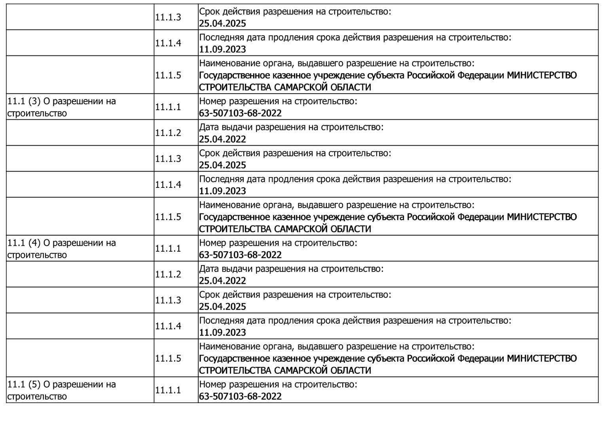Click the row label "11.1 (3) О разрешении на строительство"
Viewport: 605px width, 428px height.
tap(61, 107)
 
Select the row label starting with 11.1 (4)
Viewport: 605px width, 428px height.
tap(61, 248)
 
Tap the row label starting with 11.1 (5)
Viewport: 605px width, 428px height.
tap(61, 390)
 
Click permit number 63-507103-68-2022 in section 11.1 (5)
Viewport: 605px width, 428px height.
tap(240, 396)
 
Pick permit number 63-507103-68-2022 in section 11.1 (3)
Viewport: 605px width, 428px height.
tap(240, 113)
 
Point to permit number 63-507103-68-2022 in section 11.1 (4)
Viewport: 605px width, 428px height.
tap(240, 255)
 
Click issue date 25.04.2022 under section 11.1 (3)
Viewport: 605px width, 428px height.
tap(222, 139)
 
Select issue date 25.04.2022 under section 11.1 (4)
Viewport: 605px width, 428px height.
tap(222, 281)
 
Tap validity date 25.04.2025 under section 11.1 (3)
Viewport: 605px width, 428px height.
tap(222, 165)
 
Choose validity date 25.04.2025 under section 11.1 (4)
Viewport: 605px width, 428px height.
tap(222, 306)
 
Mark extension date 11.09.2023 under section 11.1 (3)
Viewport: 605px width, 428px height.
tap(222, 191)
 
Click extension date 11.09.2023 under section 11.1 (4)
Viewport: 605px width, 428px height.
tap(222, 332)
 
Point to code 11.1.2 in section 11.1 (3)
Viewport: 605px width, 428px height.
tap(168, 133)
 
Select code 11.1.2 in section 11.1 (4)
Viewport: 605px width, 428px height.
tap(168, 274)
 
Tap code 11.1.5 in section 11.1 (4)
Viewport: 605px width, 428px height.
tap(168, 358)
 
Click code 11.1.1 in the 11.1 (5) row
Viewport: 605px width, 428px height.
tap(168, 390)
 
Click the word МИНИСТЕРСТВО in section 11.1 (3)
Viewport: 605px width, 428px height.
tap(542, 217)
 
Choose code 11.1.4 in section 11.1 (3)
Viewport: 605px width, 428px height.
tap(168, 184)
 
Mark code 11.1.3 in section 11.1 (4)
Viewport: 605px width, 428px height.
tap(168, 300)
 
